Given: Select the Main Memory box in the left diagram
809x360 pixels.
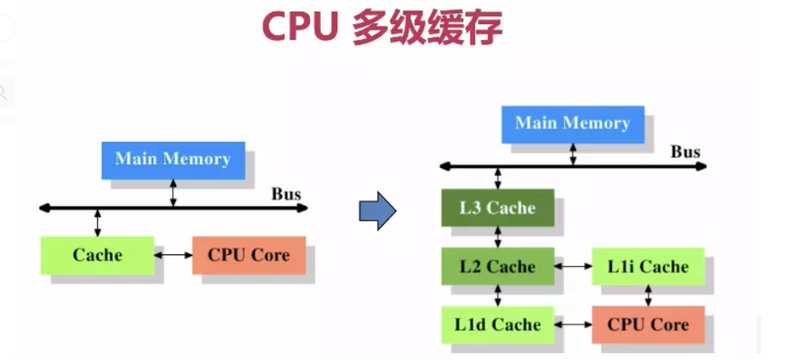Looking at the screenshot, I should [173, 160].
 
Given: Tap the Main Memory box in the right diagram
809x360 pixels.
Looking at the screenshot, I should [573, 124].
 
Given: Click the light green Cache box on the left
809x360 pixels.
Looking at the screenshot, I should [97, 255].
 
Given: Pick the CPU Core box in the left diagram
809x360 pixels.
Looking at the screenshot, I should [249, 255].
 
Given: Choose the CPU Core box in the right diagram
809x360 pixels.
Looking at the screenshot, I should [648, 324].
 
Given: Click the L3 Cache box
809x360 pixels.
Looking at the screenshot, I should [498, 207].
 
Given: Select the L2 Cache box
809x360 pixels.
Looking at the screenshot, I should [498, 266].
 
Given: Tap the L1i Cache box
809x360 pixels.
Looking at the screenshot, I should [648, 266].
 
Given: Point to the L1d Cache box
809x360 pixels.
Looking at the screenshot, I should [498, 324].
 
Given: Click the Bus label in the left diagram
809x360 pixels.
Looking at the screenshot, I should [286, 194].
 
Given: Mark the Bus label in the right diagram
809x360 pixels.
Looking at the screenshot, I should [685, 152].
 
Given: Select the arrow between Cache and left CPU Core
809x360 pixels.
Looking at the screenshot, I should [174, 255].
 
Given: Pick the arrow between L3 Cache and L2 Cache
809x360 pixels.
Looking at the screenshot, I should [498, 237].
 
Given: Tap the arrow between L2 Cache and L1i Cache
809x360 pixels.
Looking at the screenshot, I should [573, 266].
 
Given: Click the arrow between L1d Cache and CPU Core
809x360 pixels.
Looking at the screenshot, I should [573, 324].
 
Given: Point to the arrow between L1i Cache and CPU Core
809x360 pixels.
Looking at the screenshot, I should [648, 295].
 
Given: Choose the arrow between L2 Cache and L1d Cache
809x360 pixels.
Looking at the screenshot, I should [498, 295].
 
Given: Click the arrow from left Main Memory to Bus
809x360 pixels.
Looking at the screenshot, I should [173, 193].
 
